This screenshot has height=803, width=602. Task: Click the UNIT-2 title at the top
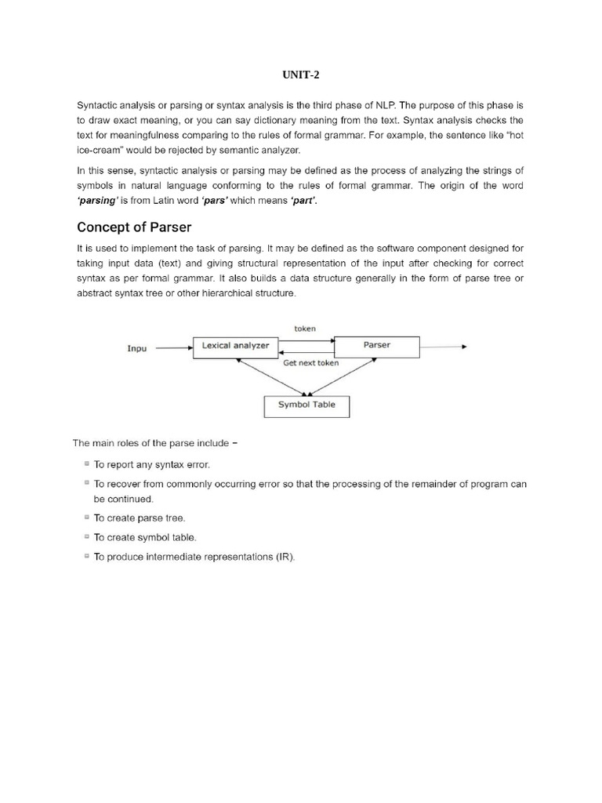tap(301, 75)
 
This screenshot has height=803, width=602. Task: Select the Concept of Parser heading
tap(133, 227)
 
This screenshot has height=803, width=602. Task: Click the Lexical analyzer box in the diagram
tap(237, 346)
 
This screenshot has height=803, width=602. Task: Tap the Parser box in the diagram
tap(377, 346)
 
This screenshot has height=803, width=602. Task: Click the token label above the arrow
tap(305, 329)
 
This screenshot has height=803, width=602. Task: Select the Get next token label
tap(311, 363)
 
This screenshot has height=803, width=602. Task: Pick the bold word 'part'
tap(305, 200)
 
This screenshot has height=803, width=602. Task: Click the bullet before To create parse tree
tap(85, 518)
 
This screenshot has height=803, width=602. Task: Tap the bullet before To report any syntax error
tap(85, 464)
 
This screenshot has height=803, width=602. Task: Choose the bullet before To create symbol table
tap(85, 537)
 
